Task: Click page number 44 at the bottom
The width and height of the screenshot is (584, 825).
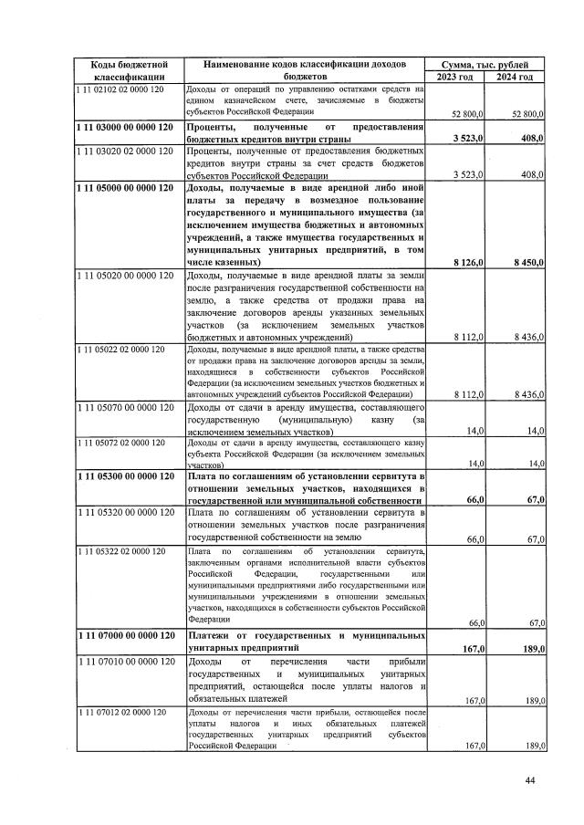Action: point(531,779)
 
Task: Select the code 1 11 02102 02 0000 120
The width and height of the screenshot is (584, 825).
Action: point(120,89)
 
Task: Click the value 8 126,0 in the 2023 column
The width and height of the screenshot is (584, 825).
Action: point(467,263)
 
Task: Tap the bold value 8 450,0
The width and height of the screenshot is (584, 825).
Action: point(527,263)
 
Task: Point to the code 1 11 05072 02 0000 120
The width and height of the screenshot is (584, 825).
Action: point(120,443)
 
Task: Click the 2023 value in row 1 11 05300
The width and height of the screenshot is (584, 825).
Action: point(473,500)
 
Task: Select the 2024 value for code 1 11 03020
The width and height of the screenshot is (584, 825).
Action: point(531,174)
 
